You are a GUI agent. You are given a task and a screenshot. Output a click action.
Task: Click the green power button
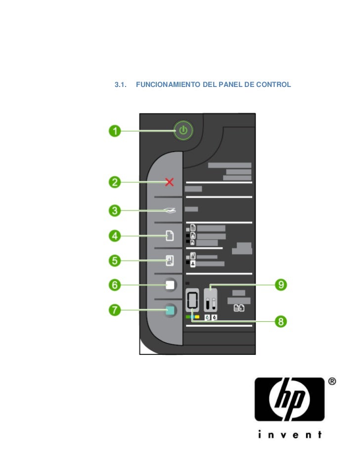pyautogui.click(x=183, y=130)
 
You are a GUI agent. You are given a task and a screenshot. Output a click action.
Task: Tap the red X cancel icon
pyautogui.click(x=170, y=182)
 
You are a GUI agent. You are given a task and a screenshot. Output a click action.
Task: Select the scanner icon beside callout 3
pyautogui.click(x=170, y=211)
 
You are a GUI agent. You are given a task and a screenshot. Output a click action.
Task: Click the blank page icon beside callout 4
pyautogui.click(x=170, y=236)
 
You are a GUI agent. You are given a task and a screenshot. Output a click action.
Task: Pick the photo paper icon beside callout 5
pyautogui.click(x=170, y=260)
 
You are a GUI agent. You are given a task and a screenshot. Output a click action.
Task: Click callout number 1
pyautogui.click(x=115, y=131)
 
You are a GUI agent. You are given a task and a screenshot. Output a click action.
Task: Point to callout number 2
pyautogui.click(x=115, y=182)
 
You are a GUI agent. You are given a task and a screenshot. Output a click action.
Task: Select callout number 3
pyautogui.click(x=115, y=211)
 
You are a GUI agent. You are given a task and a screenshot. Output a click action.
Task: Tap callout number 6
pyautogui.click(x=115, y=285)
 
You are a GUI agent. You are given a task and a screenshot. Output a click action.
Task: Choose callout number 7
pyautogui.click(x=115, y=310)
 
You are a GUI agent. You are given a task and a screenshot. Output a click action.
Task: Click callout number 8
pyautogui.click(x=281, y=321)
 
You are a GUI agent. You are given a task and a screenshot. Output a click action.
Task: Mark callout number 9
pyautogui.click(x=281, y=285)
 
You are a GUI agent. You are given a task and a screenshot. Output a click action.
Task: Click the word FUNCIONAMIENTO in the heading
pyautogui.click(x=168, y=85)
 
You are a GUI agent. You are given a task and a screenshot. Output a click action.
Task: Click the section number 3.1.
pyautogui.click(x=121, y=85)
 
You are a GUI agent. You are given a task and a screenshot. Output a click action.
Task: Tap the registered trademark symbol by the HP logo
pyautogui.click(x=332, y=381)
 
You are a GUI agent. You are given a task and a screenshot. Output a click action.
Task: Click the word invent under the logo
pyautogui.click(x=290, y=434)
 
